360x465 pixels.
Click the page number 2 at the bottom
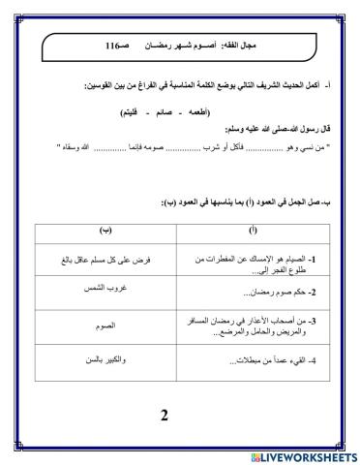tap(164, 417)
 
